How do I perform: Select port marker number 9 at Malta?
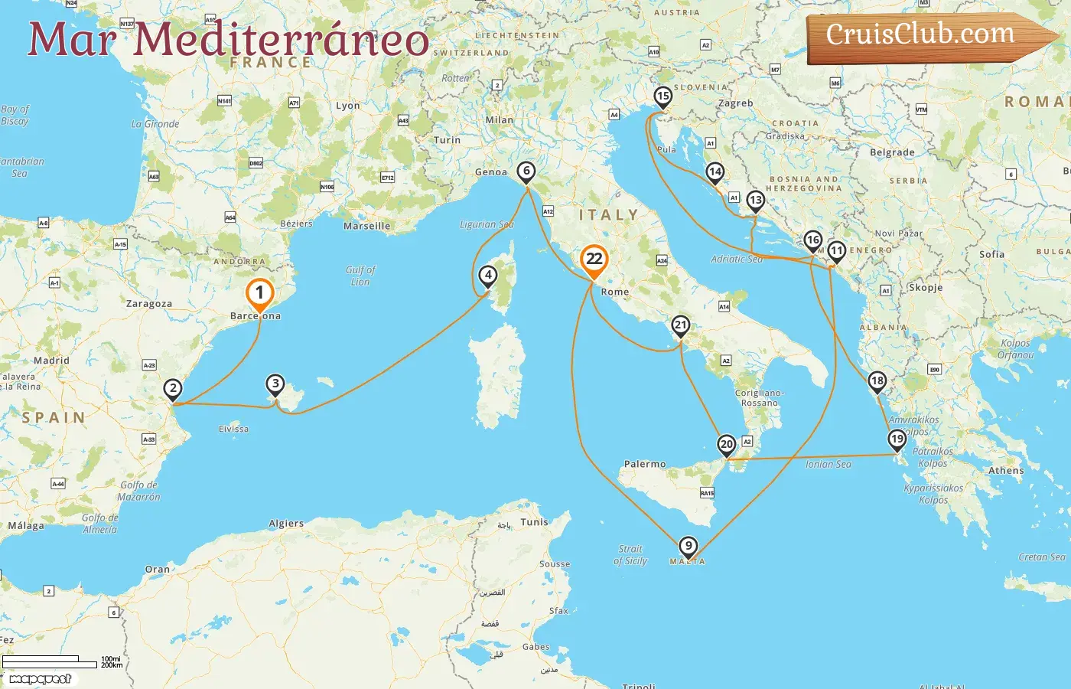tap(688, 547)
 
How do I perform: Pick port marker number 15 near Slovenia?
tap(663, 97)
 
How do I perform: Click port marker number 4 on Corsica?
tap(488, 276)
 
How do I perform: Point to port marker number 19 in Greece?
tap(897, 439)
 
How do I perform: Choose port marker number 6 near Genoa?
tap(526, 171)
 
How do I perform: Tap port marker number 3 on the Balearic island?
tap(275, 384)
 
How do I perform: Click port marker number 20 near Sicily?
tap(727, 445)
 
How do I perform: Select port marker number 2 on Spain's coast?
tap(174, 389)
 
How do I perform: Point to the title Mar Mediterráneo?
tap(228, 39)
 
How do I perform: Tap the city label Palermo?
tap(645, 464)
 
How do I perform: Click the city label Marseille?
tap(367, 226)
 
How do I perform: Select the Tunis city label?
tap(535, 522)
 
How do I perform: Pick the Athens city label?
tap(1006, 471)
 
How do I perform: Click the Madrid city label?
tap(51, 361)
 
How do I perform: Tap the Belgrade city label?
tap(892, 152)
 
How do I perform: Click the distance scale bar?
tap(50, 661)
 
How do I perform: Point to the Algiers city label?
tap(286, 524)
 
